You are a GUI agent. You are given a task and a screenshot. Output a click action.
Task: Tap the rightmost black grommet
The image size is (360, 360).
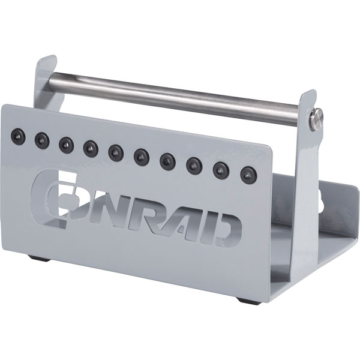point(246,175)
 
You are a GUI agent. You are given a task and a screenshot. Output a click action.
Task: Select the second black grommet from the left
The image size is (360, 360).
point(40,139)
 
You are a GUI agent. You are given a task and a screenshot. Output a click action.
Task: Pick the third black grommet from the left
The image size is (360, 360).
point(65,143)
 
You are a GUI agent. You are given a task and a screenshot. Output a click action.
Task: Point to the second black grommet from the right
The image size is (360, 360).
point(221,170)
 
